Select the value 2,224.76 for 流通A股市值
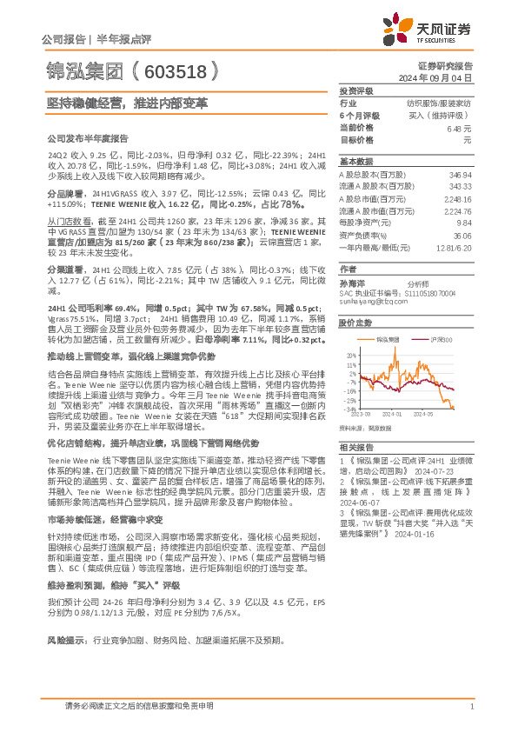pos(455,210)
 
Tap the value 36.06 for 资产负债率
pos(460,235)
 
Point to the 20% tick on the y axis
pos(349,356)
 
